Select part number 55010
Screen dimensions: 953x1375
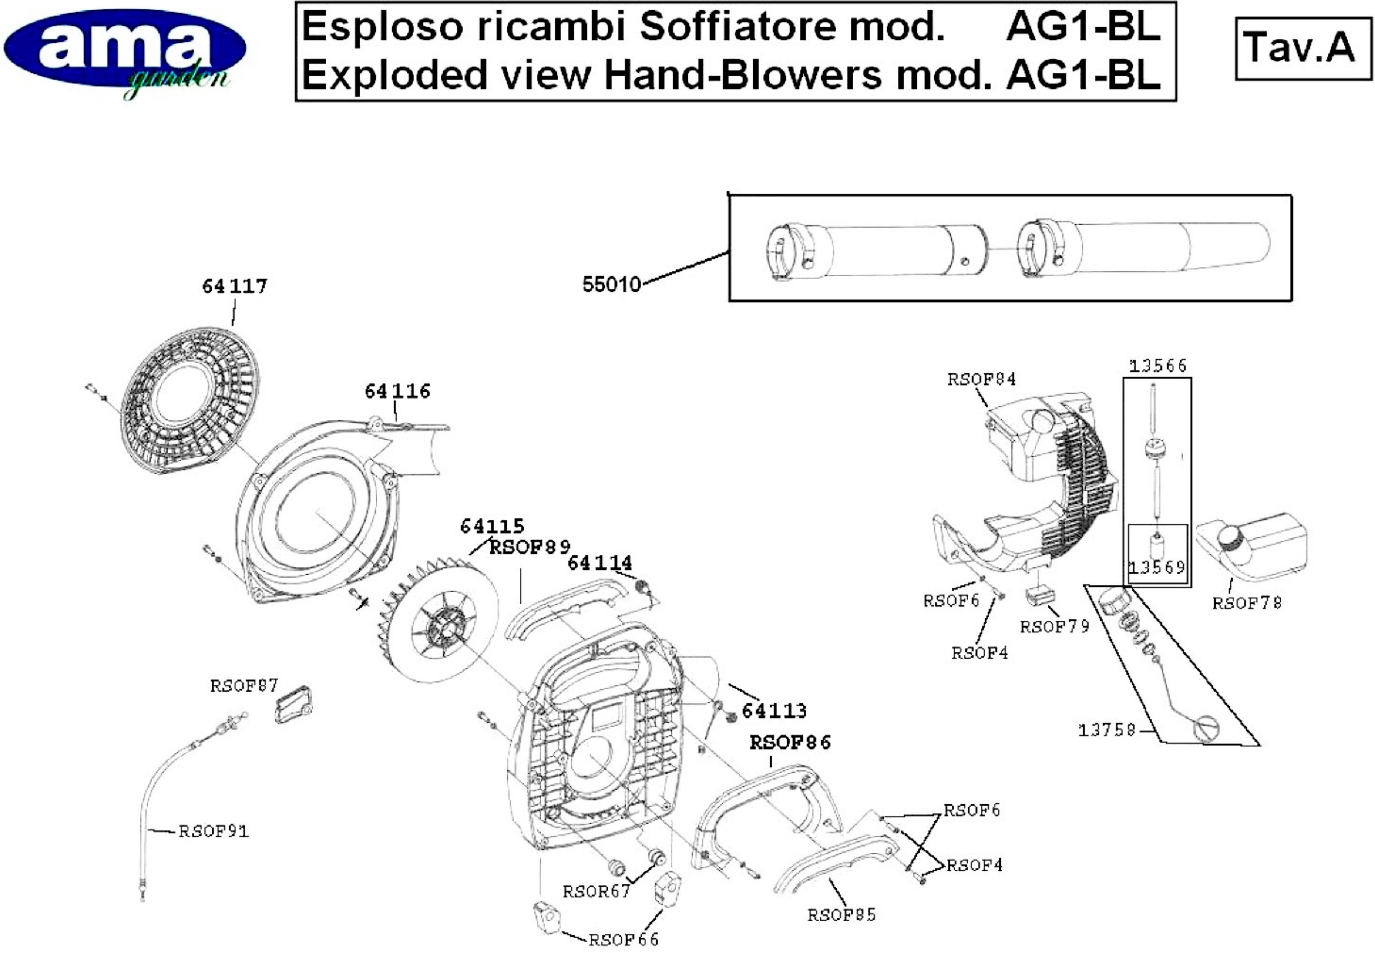click(x=611, y=284)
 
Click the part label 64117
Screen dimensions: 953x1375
click(x=235, y=286)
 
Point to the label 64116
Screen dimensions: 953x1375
click(x=397, y=391)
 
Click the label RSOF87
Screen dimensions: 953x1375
click(x=244, y=686)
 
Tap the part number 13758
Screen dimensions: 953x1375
click(x=1106, y=730)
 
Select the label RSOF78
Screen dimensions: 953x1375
click(x=1247, y=603)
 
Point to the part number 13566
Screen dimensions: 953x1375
click(x=1157, y=365)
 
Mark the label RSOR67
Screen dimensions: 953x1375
click(x=596, y=891)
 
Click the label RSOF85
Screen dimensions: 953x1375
click(x=841, y=915)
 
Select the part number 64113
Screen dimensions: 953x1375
click(x=774, y=711)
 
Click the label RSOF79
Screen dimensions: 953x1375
click(x=1054, y=626)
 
